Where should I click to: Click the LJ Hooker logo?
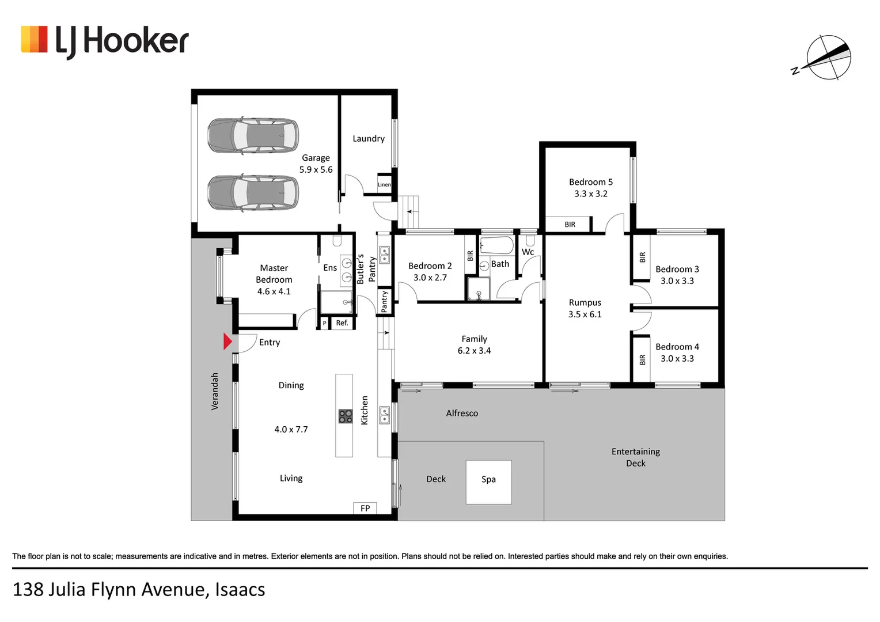105,41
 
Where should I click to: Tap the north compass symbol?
827,58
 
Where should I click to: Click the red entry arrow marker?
227,342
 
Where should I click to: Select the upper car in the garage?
253,135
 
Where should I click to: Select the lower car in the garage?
253,192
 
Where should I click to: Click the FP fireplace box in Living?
365,508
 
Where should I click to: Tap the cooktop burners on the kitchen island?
345,416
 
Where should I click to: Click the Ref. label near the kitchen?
342,323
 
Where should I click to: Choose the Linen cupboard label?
384,185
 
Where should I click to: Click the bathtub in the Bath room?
496,245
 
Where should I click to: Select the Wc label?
528,252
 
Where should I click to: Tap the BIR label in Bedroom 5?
570,225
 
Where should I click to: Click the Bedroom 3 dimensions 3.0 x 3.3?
677,281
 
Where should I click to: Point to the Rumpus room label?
585,302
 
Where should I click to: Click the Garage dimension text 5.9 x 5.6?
316,170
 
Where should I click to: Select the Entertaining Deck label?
636,457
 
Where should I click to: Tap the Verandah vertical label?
215,391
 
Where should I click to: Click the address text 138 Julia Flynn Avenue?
139,590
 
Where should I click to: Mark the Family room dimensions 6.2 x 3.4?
474,351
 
